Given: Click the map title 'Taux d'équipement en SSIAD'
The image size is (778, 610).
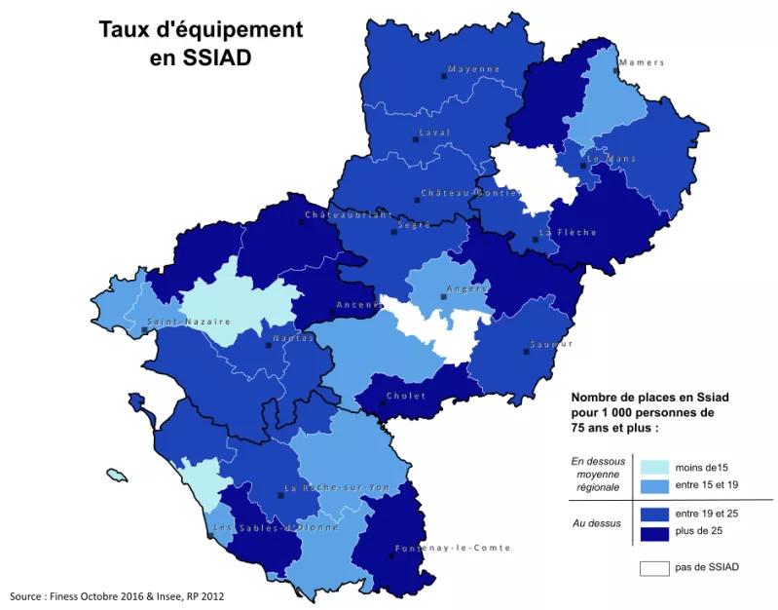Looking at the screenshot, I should (x=201, y=43).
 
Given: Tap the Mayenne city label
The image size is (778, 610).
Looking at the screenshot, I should (x=473, y=69).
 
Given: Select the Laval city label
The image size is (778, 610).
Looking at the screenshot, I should (x=434, y=132).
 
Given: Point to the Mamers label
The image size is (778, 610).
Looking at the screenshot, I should (x=641, y=62).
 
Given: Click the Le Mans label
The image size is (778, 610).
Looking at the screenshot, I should (x=611, y=157).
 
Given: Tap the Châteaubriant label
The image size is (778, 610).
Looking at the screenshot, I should (x=349, y=214).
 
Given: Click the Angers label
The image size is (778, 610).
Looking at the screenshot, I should (x=465, y=288).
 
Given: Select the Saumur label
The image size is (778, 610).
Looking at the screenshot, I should (x=551, y=344).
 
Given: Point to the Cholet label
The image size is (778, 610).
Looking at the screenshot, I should (x=405, y=396).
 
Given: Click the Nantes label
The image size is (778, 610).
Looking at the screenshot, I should (x=293, y=337).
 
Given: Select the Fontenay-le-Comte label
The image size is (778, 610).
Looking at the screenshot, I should (x=452, y=548).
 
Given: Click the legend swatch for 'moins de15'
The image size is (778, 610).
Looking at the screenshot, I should (x=654, y=467).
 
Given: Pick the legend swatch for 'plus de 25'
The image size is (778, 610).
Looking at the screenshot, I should (x=654, y=531).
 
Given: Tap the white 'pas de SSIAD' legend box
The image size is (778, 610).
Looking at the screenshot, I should (x=654, y=567).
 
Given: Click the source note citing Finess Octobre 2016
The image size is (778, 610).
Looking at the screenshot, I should (x=122, y=595).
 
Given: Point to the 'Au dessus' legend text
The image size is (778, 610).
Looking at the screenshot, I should (x=596, y=522).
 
